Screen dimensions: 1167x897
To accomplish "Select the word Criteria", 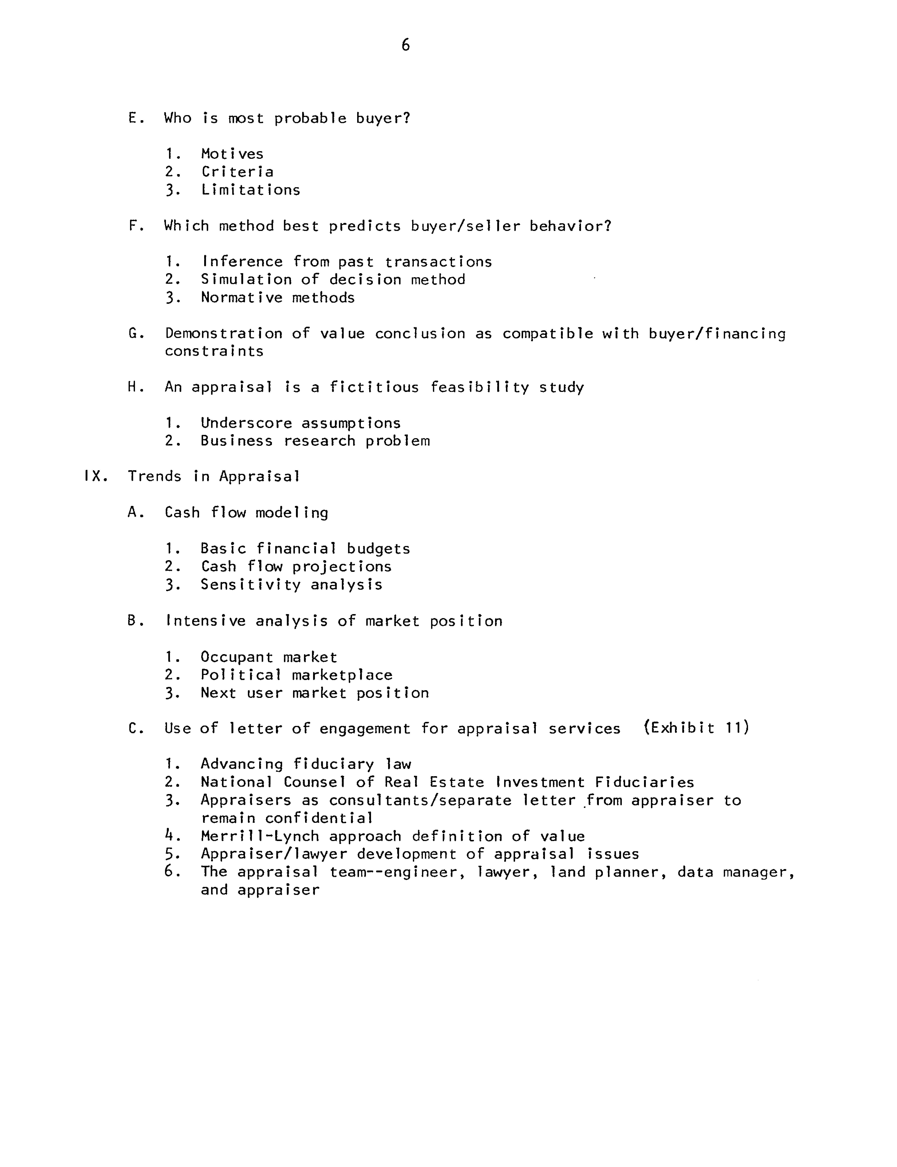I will pyautogui.click(x=237, y=172).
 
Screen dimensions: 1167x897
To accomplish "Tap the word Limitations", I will pyautogui.click(x=250, y=190).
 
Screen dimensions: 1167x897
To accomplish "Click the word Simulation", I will pyautogui.click(x=246, y=280).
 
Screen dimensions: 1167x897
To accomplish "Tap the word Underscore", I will pyautogui.click(x=246, y=423).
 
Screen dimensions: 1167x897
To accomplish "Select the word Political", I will pyautogui.click(x=241, y=675).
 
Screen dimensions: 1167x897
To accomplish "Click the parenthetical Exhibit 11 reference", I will pyautogui.click(x=697, y=728).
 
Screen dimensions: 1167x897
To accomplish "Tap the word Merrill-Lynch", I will pyautogui.click(x=260, y=836).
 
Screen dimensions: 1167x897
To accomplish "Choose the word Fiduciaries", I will pyautogui.click(x=644, y=783).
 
